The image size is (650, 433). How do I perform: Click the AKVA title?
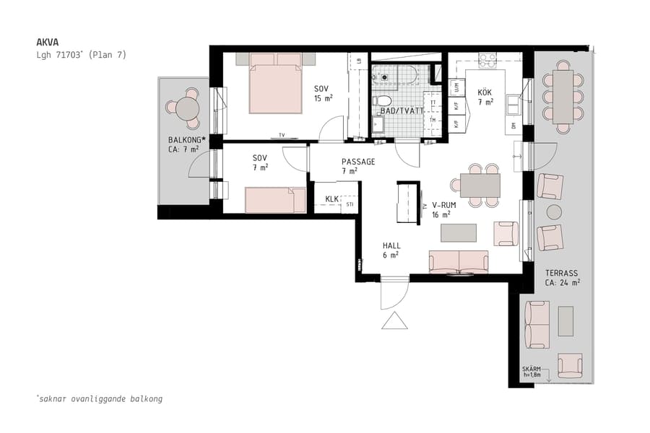pyautogui.click(x=48, y=42)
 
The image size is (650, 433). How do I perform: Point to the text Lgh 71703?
pyautogui.click(x=81, y=55)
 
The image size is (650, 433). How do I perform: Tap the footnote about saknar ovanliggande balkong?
pyautogui.click(x=99, y=398)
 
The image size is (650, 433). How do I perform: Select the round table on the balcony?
pyautogui.click(x=187, y=108)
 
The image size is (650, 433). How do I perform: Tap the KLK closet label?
pyautogui.click(x=332, y=198)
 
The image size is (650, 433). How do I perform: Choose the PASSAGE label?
pyautogui.click(x=358, y=162)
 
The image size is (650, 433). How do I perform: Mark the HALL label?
pyautogui.click(x=391, y=245)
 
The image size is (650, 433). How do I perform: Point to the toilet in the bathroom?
pyautogui.click(x=383, y=101)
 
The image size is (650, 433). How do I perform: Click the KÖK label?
pyautogui.click(x=485, y=92)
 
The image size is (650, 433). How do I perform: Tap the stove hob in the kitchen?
pyautogui.click(x=487, y=60)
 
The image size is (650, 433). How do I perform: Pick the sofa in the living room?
pyautogui.click(x=459, y=262)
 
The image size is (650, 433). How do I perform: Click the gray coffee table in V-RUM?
pyautogui.click(x=459, y=232)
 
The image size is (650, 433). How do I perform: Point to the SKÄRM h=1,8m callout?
pyautogui.click(x=531, y=372)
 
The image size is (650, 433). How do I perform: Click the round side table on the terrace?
pyautogui.click(x=554, y=211)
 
